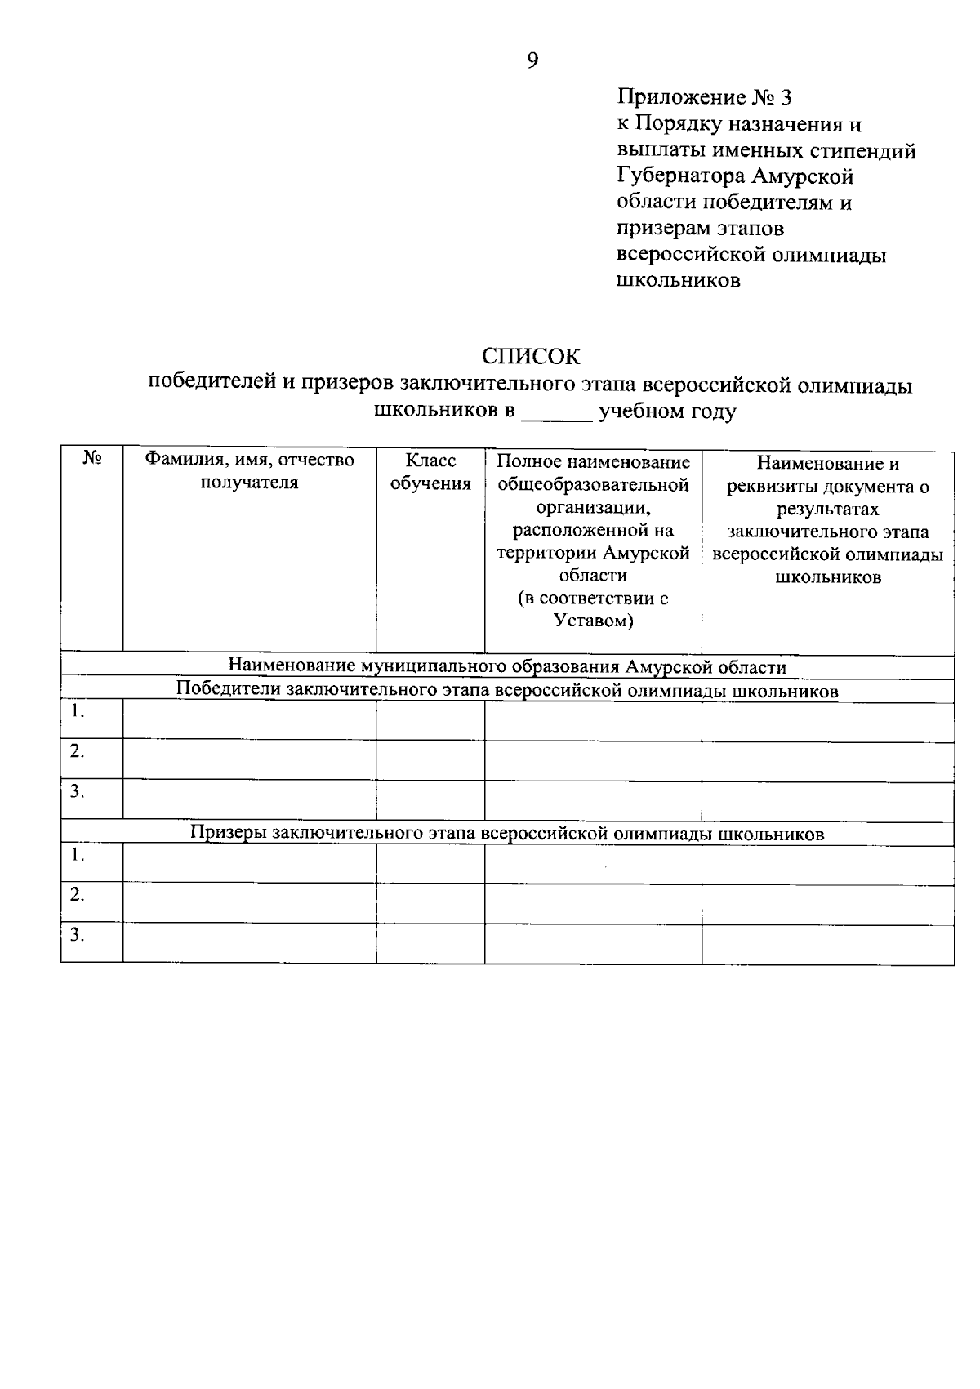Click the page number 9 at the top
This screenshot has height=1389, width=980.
[x=532, y=60]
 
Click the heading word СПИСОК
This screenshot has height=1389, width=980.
[x=531, y=357]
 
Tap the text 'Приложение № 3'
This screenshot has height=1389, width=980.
[x=704, y=99]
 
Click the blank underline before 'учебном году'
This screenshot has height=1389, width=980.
[x=557, y=414]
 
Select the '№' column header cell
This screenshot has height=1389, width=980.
[x=91, y=460]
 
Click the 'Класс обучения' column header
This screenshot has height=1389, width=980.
[x=430, y=472]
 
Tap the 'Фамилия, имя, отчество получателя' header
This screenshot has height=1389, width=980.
[x=249, y=472]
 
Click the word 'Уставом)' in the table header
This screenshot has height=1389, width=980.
[x=593, y=621]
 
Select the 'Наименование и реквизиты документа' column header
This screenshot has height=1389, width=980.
[x=827, y=520]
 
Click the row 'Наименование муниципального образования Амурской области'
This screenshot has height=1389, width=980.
[x=507, y=667]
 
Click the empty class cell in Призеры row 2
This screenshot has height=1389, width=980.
[x=430, y=902]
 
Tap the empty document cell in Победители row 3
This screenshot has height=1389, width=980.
[x=827, y=799]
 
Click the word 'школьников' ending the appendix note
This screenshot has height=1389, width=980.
[x=678, y=282]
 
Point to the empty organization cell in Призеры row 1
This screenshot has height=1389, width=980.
[x=593, y=864]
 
